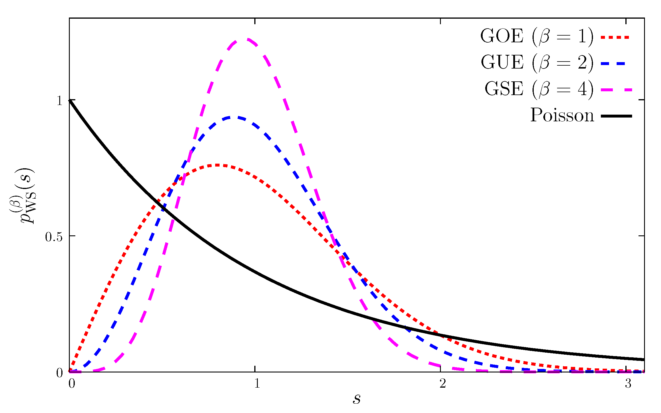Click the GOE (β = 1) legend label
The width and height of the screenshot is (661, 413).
537,37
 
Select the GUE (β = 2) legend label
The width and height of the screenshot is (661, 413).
537,63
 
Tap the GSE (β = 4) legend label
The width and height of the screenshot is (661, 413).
539,89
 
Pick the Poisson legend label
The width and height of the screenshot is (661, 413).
562,115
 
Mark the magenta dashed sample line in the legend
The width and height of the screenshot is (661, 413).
616,90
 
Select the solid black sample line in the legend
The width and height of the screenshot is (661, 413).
616,116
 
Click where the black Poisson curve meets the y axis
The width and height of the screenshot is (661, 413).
69,100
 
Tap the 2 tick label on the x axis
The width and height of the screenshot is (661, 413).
443,383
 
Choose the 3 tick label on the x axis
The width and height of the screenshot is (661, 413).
628,383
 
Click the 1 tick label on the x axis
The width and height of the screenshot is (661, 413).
257,383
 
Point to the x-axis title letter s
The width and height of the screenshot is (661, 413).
356,399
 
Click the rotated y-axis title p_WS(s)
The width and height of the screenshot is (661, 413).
23,195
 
